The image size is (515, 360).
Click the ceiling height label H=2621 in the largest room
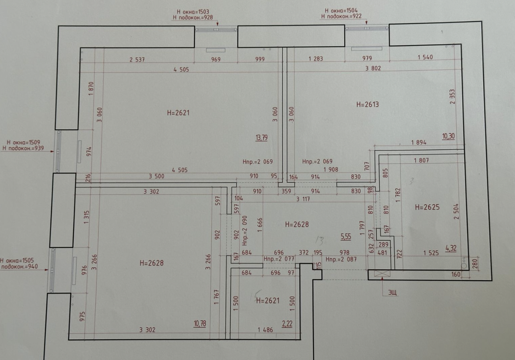178,113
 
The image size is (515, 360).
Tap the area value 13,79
261,137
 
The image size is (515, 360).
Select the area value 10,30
448,136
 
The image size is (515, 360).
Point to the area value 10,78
200,323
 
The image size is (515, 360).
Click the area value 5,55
346,237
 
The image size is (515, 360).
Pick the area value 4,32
451,248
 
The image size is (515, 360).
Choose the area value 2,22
287,323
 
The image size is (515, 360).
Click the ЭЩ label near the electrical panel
392,293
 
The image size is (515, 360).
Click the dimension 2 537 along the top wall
137,60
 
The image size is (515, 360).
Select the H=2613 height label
367,104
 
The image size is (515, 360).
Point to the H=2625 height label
427,207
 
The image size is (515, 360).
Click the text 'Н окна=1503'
193,12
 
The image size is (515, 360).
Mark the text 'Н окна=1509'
23,142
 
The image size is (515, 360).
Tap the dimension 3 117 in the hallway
303,199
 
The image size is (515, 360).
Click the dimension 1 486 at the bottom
265,330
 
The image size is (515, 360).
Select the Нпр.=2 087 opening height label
341,259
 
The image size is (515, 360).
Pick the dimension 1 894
419,142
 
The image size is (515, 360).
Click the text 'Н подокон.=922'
341,17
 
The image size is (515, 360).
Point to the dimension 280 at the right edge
475,263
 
